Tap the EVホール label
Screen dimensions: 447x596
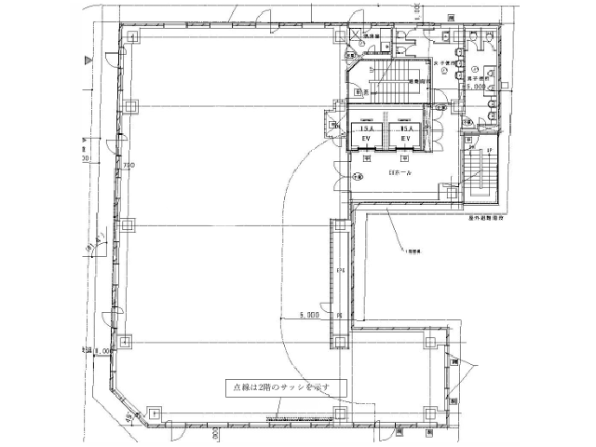385,173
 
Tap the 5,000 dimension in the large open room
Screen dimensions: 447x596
309,316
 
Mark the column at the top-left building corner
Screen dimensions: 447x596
132,38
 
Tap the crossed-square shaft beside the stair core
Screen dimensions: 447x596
356,37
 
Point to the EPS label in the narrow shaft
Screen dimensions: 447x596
341,270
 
